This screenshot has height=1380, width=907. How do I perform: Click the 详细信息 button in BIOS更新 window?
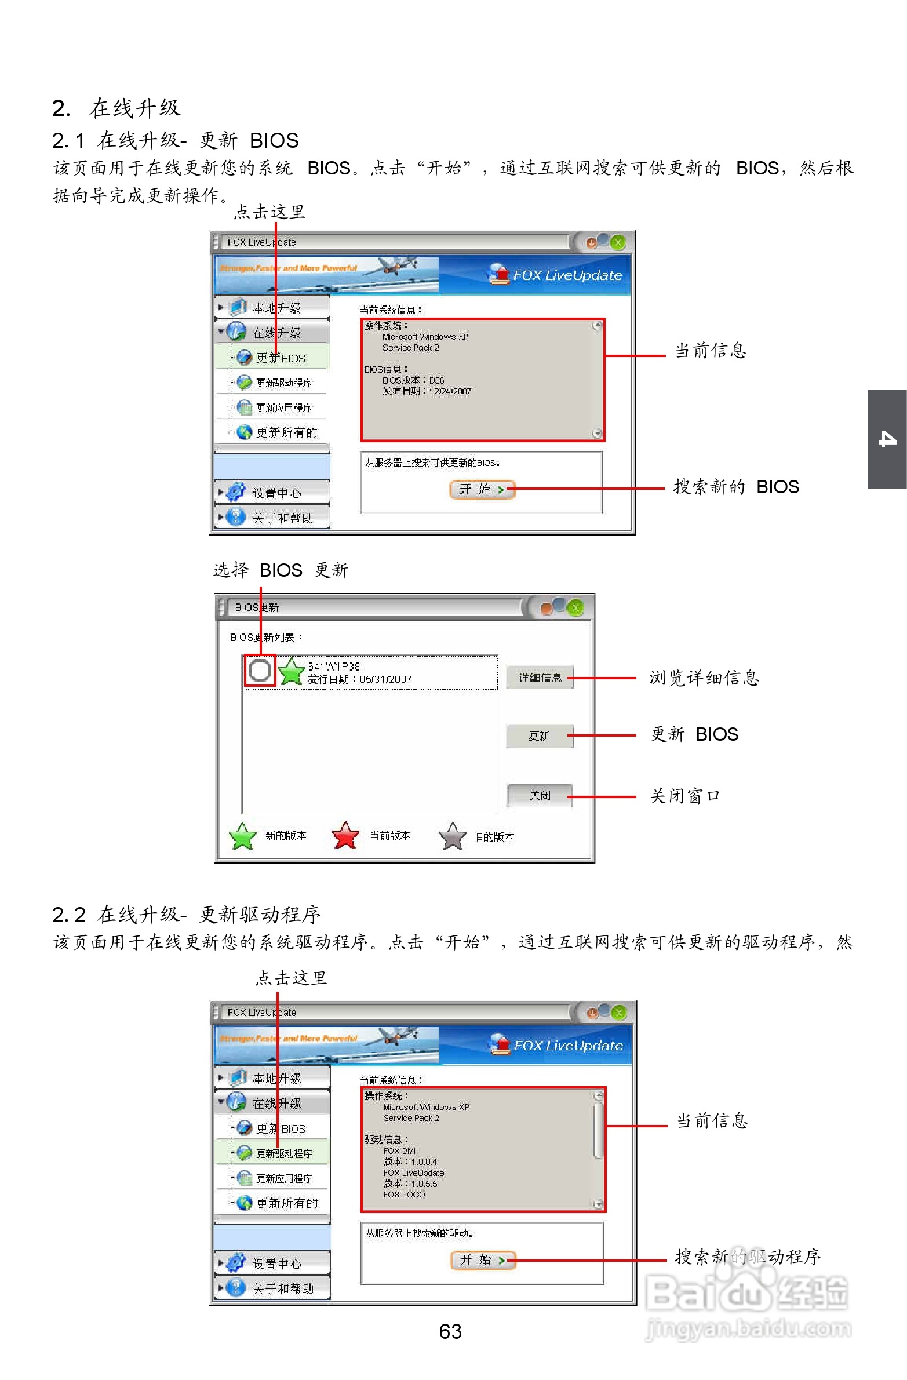coord(540,677)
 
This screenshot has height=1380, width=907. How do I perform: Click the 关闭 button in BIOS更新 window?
coord(540,795)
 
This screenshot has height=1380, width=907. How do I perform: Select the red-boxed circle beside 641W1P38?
coord(259,670)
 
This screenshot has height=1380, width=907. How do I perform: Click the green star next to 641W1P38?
coord(291,671)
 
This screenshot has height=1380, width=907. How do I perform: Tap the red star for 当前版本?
coord(345,836)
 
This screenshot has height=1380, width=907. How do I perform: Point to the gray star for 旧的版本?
coord(452,836)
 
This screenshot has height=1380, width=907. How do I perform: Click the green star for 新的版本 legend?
coord(242,836)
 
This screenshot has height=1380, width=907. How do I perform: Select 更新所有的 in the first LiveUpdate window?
coord(286,432)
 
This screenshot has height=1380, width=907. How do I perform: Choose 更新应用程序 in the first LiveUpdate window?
coord(283,407)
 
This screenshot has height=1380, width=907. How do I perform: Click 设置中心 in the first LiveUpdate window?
coord(276,493)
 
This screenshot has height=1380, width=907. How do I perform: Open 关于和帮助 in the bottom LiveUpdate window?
coord(282,1288)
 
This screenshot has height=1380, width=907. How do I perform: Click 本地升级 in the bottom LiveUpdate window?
coord(276,1078)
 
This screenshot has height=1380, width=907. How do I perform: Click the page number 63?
coord(450,1331)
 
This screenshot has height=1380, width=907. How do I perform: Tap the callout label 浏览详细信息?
coord(704,677)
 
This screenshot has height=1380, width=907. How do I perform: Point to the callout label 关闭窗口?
coord(684,796)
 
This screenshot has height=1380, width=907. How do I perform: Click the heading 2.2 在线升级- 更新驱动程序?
coord(185,915)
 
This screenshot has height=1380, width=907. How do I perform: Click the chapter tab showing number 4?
coord(887,439)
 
